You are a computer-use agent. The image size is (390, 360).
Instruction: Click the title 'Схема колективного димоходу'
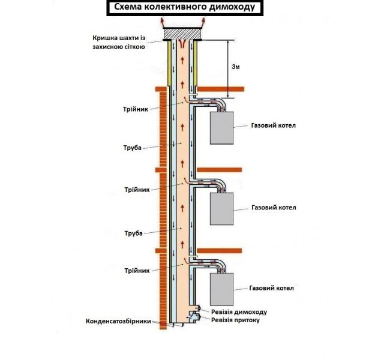tap(178, 8)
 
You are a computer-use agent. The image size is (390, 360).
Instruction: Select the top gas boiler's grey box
tap(223, 128)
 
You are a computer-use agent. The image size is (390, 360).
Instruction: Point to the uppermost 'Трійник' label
tap(136, 109)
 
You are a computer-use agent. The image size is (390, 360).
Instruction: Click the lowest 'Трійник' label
tap(136, 270)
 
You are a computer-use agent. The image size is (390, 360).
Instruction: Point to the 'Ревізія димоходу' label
tap(239, 312)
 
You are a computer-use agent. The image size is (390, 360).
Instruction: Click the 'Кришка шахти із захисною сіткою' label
tap(119, 41)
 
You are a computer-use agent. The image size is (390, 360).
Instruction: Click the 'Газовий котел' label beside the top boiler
tap(274, 126)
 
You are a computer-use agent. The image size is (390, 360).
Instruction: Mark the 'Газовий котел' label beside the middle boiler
tap(274, 208)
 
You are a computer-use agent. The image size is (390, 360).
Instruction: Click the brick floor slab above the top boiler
tap(221, 89)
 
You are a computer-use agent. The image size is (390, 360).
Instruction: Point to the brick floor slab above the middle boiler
tap(221, 169)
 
